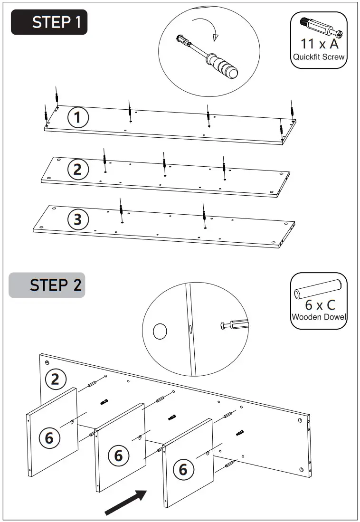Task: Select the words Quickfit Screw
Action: click(x=319, y=57)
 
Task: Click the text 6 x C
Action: click(x=319, y=305)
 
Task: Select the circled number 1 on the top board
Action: click(x=78, y=117)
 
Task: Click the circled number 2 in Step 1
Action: click(x=77, y=170)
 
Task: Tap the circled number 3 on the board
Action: click(x=78, y=219)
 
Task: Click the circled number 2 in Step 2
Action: click(x=56, y=379)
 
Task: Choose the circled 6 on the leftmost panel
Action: click(x=49, y=437)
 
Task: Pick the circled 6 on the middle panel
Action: click(x=118, y=456)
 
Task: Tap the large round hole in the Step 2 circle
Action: click(x=160, y=331)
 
